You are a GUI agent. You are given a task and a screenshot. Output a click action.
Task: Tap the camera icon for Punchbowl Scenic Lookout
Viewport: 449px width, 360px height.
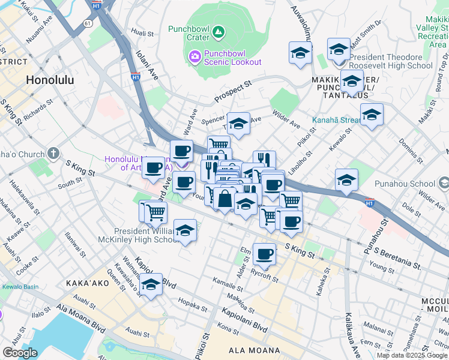194,57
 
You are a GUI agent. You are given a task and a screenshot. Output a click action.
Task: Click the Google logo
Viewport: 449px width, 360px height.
20,353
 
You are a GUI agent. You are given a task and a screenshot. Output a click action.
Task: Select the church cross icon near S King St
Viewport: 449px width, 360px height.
54,154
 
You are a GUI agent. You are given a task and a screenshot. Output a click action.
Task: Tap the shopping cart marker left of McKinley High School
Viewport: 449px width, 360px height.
154,211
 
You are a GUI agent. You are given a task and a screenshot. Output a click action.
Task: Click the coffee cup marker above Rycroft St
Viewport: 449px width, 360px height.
264,254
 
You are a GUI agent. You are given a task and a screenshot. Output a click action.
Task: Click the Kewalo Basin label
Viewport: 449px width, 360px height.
19,287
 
